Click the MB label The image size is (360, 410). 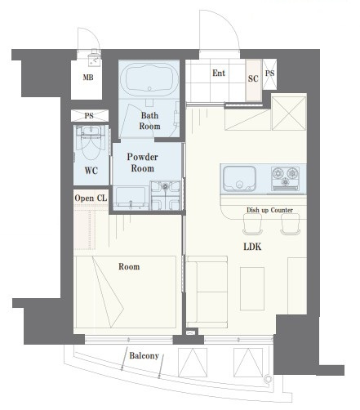[88, 78]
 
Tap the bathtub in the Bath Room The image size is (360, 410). [149, 78]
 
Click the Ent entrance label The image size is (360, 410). [219, 73]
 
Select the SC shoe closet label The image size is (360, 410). [253, 78]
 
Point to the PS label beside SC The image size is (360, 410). [270, 74]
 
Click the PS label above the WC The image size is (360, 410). [89, 116]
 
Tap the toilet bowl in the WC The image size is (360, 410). [91, 144]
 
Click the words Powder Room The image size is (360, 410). [142, 163]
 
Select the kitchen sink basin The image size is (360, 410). [239, 178]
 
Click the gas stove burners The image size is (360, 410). [285, 177]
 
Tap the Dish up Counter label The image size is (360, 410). [269, 210]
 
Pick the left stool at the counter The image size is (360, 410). [252, 224]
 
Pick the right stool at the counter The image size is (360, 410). [291, 224]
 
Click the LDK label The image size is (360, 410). [252, 247]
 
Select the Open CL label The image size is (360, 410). [91, 198]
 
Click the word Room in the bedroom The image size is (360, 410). [129, 266]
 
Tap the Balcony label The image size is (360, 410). [144, 355]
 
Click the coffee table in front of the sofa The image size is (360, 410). [252, 289]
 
